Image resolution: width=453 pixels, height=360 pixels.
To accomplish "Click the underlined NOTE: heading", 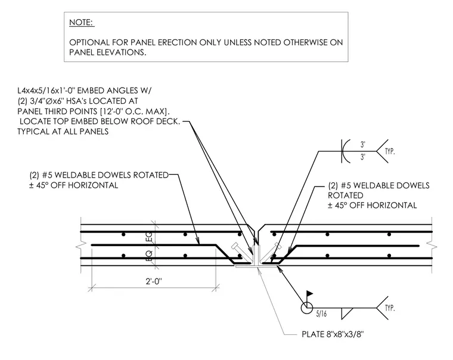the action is coord(82,23).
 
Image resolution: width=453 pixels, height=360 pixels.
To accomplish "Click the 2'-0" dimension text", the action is coord(154,281).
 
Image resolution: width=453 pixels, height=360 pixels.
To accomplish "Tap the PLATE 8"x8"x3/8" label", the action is coord(333,334).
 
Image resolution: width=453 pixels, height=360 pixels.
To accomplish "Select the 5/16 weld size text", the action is coord(321,314).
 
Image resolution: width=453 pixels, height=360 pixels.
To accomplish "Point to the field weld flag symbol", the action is coord(309,294).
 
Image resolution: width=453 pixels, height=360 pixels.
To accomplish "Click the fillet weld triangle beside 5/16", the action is coord(347,314).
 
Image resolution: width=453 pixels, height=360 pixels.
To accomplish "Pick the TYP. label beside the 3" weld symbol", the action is coord(390,151).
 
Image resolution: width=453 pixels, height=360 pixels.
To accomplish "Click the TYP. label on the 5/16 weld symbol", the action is coord(390,308).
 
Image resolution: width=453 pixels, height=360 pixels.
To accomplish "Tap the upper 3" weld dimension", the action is coord(363,144).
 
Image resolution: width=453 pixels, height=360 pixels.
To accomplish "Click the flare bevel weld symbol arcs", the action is coord(346,151).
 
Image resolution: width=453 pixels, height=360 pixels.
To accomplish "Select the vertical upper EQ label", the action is coord(150,237).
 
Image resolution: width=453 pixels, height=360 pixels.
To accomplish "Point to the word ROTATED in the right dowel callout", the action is coord(346,195).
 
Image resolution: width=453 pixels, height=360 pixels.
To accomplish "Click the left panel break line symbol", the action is coord(79,247).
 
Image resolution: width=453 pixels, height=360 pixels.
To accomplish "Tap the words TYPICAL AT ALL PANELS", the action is coord(63,132).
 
